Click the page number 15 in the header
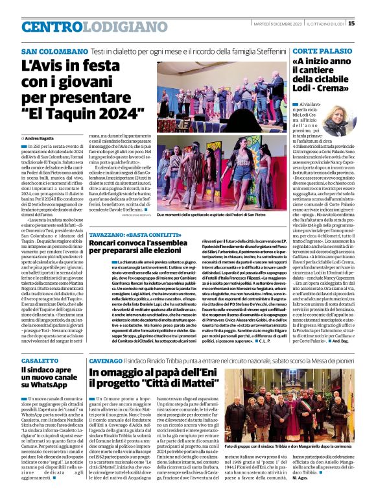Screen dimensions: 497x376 click(x=369, y=24)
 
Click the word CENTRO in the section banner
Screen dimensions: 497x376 click(x=53, y=27)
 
